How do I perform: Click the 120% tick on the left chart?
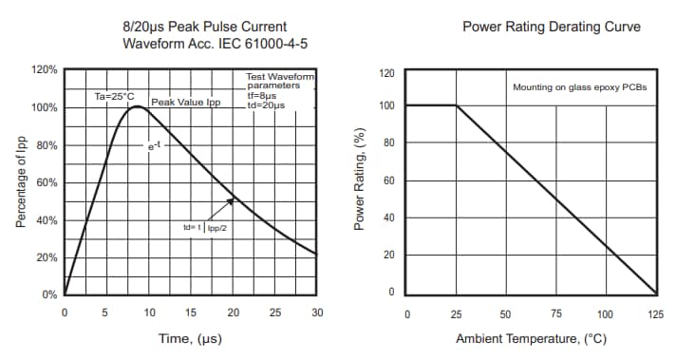(x=45, y=70)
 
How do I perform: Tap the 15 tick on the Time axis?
(x=191, y=313)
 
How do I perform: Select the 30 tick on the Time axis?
(x=316, y=313)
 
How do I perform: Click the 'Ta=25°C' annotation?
(x=114, y=96)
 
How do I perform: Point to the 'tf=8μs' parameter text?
(x=263, y=95)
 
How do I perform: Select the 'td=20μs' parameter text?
(x=265, y=104)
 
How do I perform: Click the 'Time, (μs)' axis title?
(x=190, y=339)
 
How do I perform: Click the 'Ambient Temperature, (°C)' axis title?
(x=531, y=339)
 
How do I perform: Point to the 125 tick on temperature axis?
(x=655, y=313)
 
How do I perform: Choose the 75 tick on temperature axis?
(x=555, y=313)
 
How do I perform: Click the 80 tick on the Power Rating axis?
(x=387, y=142)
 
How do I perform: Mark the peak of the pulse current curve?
(x=138, y=106)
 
